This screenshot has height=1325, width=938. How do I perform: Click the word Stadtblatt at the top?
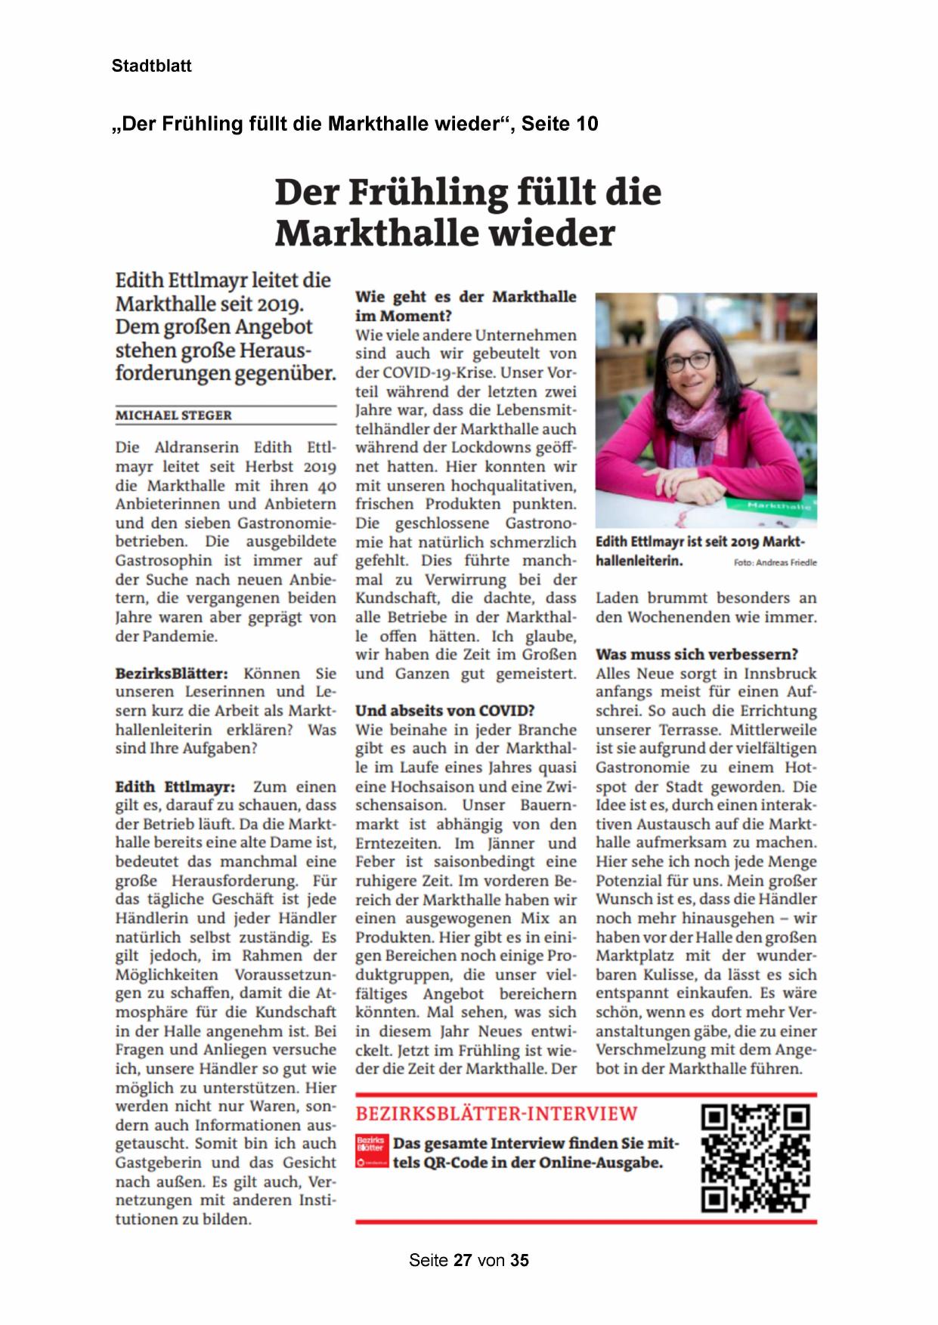(151, 66)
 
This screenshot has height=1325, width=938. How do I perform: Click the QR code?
(755, 1158)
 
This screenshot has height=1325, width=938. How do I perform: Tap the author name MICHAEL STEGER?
(173, 415)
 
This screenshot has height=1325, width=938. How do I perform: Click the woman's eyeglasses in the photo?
(689, 361)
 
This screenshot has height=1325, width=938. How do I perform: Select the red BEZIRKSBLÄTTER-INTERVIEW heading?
(497, 1113)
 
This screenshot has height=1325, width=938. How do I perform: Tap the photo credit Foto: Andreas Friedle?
(775, 563)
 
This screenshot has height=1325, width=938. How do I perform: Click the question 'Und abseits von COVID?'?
(444, 711)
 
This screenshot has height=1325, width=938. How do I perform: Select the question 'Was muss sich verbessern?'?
(696, 654)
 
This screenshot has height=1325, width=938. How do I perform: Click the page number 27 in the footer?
(463, 1260)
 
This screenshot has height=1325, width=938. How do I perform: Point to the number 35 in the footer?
(519, 1260)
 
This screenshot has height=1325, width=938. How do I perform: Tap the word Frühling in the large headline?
(427, 192)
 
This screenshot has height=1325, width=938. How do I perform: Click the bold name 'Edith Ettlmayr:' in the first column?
(175, 786)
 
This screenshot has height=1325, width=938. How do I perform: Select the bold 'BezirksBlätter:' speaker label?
(171, 673)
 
